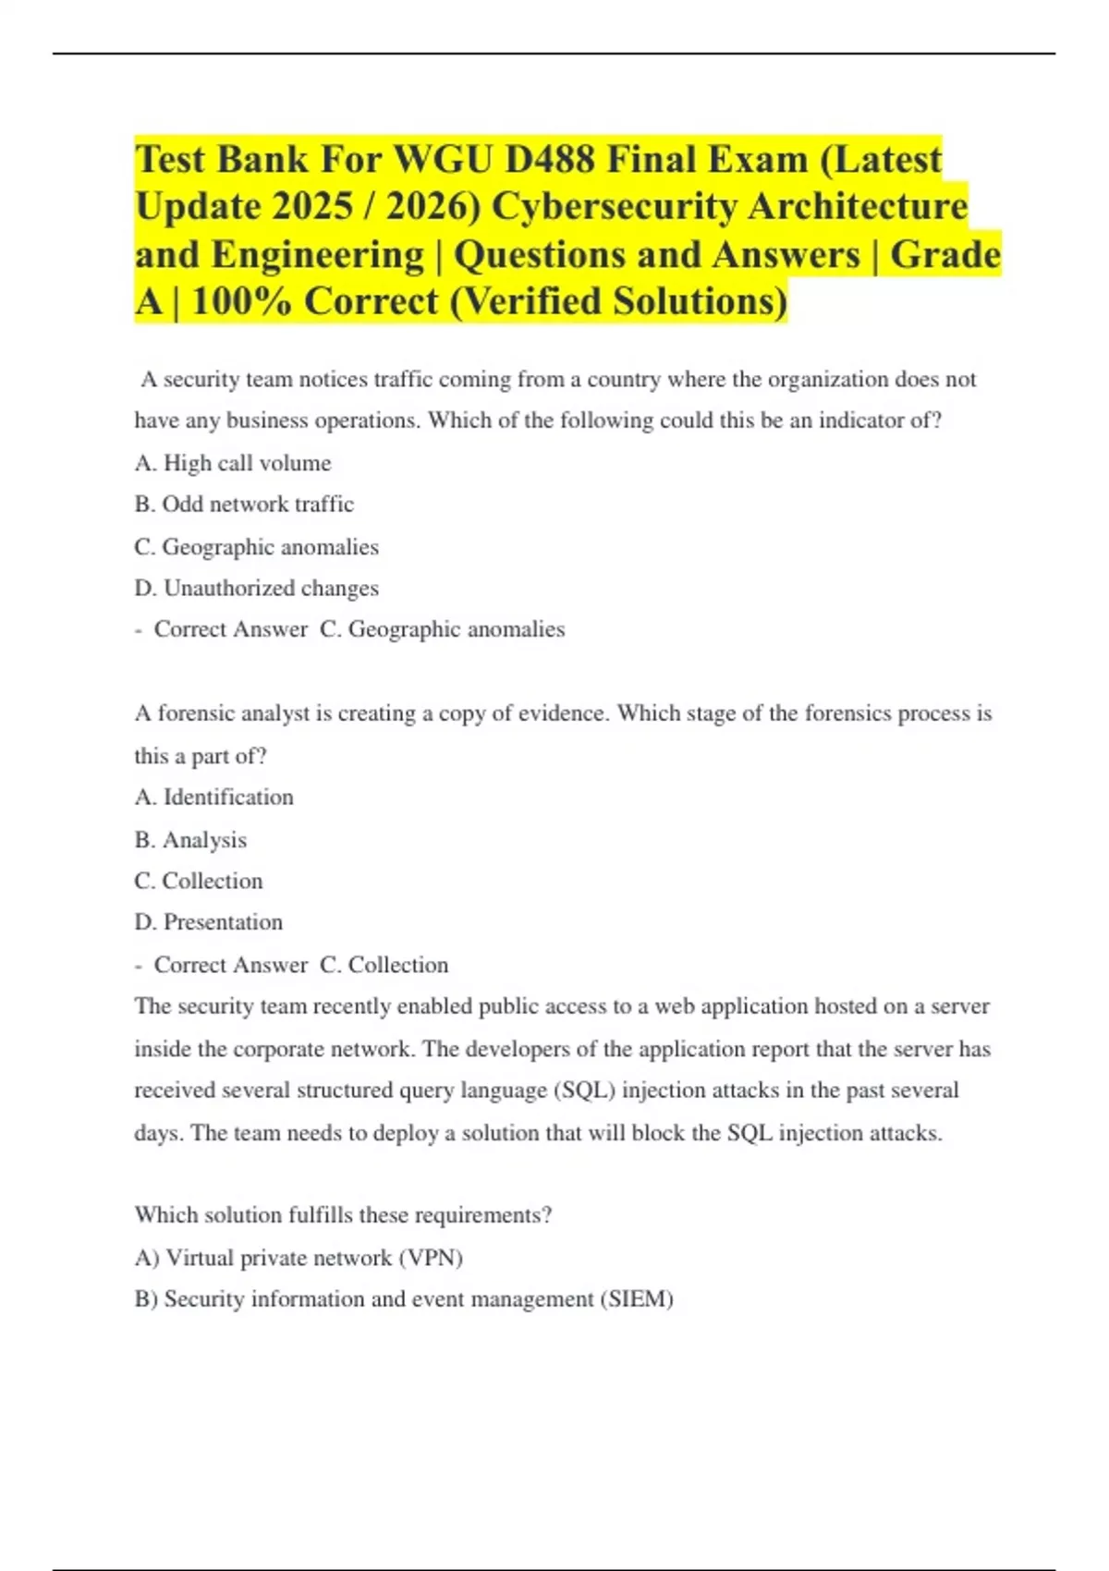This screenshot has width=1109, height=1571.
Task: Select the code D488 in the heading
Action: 550,160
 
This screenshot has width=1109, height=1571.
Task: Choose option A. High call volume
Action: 233,463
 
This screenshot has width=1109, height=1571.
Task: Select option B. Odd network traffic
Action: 244,505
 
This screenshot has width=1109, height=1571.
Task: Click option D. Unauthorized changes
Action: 256,589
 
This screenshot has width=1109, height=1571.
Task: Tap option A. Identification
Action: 213,798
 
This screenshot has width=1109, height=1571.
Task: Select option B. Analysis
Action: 190,840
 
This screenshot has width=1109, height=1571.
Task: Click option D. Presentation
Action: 208,922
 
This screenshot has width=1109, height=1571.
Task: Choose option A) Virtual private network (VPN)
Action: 299,1258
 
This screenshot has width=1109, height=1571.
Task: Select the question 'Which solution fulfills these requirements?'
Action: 343,1215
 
